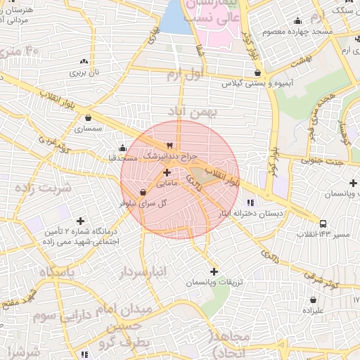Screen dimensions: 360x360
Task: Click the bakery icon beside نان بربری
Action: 84,61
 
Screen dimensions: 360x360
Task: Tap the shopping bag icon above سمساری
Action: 88,118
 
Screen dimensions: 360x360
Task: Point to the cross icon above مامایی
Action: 167,172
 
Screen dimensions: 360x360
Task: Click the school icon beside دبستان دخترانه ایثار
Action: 252,202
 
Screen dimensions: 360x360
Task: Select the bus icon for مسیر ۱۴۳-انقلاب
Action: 323,224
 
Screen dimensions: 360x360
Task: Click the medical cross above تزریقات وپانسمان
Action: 214,271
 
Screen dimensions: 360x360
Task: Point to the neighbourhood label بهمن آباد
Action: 193,111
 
